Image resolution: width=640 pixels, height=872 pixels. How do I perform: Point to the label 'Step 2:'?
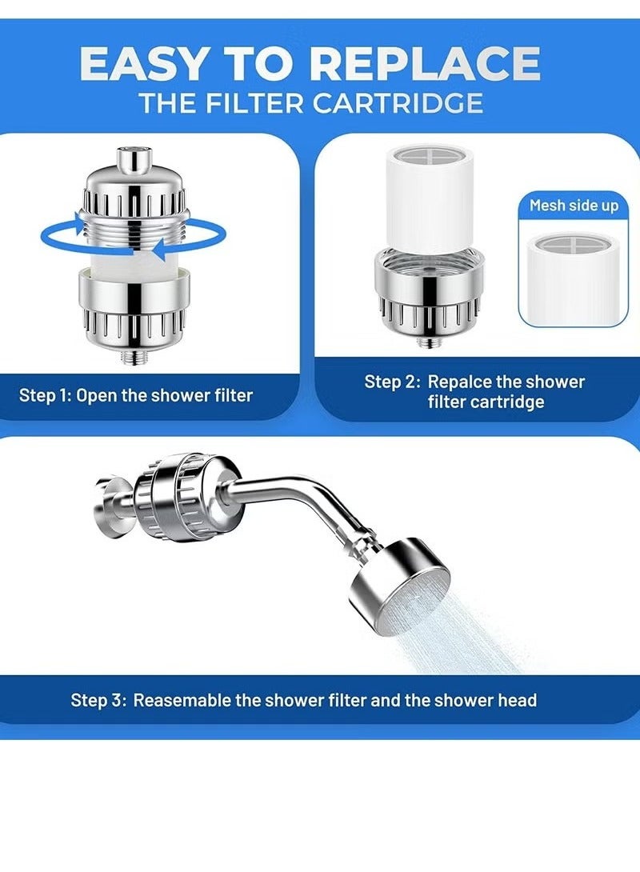click(x=393, y=382)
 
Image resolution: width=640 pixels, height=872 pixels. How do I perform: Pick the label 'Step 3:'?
click(x=98, y=700)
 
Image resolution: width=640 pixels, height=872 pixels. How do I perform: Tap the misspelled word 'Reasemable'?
click(x=182, y=700)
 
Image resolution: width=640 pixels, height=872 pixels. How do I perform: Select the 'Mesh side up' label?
click(x=574, y=206)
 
